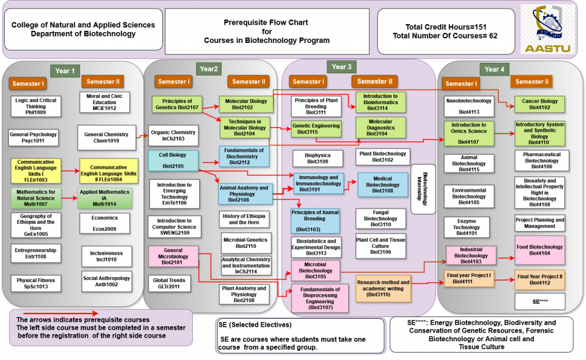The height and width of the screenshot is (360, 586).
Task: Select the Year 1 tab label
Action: (65, 71)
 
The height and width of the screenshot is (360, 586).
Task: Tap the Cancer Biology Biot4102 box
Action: (539, 104)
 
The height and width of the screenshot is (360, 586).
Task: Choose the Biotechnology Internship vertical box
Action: (425, 189)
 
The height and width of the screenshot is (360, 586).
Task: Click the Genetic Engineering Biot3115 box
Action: (316, 129)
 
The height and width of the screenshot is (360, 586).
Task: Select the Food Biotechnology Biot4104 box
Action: (539, 250)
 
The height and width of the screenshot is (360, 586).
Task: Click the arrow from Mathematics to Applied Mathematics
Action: (69, 199)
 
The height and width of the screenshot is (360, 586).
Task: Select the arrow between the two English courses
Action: (69, 171)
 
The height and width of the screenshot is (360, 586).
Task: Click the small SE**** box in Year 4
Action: (540, 302)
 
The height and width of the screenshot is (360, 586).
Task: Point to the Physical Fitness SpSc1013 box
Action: (35, 283)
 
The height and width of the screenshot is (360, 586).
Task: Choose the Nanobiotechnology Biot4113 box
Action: (468, 104)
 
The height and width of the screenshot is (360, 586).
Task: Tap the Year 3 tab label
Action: (342, 67)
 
